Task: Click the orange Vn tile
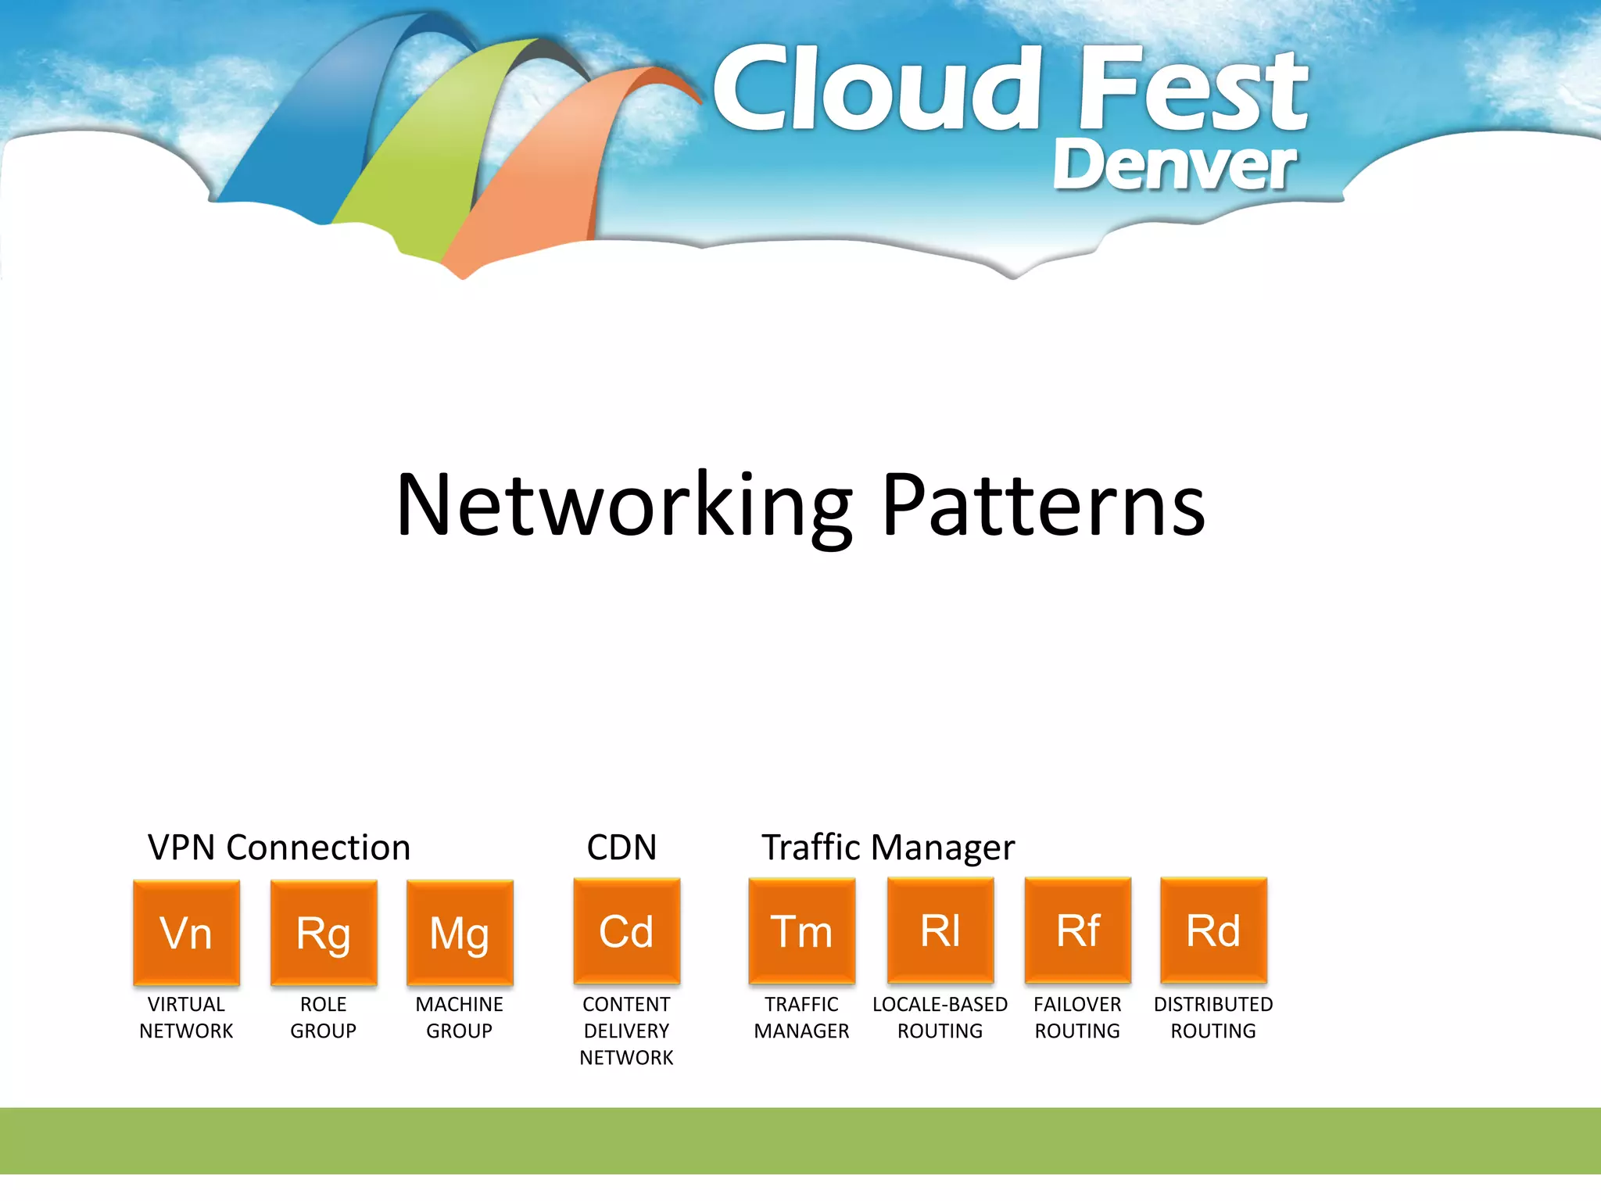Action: [x=186, y=932]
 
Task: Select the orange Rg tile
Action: [x=324, y=932]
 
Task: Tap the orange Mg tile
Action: [x=460, y=932]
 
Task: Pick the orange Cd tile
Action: [x=626, y=930]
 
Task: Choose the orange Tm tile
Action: [x=801, y=930]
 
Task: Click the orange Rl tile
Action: [x=940, y=930]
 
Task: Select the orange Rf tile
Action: [x=1077, y=930]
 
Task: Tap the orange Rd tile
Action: [x=1213, y=930]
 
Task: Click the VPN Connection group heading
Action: [x=279, y=848]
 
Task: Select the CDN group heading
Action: [x=621, y=848]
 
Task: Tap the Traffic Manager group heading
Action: [x=888, y=848]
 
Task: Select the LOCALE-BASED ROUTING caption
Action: [x=940, y=1017]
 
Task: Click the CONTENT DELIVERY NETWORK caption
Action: [x=626, y=1031]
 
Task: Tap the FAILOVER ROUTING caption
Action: [x=1077, y=1017]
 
